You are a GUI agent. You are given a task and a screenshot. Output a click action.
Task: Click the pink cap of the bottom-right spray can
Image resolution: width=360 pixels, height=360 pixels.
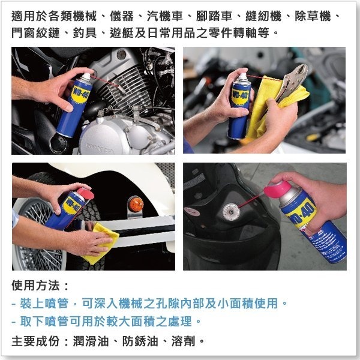[287, 182]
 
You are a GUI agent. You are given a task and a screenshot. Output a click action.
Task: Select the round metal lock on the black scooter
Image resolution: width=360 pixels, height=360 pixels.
[230, 211]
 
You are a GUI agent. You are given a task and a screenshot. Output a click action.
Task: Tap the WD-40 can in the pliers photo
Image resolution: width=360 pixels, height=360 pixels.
[239, 105]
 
